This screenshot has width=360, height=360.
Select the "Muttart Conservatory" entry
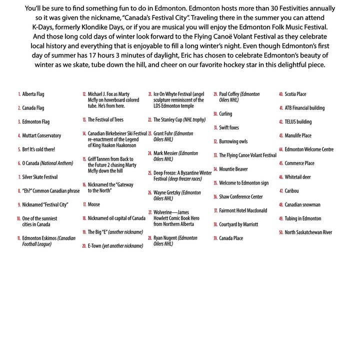(x=41, y=135)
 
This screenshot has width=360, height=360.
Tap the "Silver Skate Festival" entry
(x=40, y=177)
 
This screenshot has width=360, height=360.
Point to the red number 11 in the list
(x=18, y=238)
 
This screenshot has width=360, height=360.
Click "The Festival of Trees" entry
(x=105, y=120)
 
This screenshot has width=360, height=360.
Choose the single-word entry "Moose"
(x=94, y=204)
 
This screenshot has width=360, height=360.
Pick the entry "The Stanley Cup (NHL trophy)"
(x=179, y=120)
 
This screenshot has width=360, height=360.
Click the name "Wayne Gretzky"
(x=170, y=192)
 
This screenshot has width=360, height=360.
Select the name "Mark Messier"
(x=169, y=153)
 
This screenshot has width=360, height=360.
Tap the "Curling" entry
(x=225, y=114)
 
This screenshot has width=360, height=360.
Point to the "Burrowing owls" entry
(x=233, y=141)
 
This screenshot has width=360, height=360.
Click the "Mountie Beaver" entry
(x=233, y=169)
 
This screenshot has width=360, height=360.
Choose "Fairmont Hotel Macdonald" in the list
(x=243, y=210)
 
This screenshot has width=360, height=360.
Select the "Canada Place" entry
(x=231, y=238)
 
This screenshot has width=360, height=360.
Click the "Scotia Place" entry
(x=295, y=94)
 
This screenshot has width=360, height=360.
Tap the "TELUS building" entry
(x=298, y=121)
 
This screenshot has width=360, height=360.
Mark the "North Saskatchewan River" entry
(x=308, y=232)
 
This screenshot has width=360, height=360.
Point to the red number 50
(x=281, y=232)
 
